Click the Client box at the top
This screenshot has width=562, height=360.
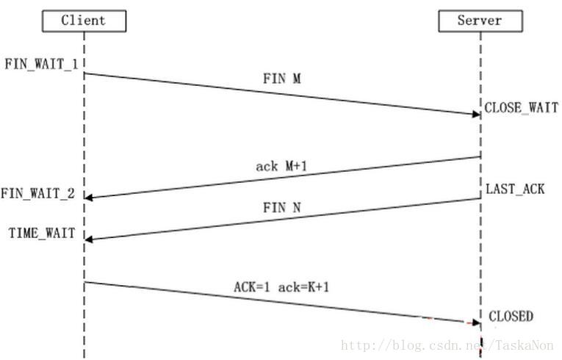(x=84, y=20)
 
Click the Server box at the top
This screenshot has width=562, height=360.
(x=480, y=20)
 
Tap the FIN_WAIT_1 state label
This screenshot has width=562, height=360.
(x=41, y=64)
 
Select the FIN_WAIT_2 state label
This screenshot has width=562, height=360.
(x=37, y=194)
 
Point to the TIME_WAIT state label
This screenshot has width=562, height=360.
(x=42, y=234)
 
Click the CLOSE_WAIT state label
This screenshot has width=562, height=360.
(x=521, y=108)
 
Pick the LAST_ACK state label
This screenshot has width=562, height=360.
(x=515, y=190)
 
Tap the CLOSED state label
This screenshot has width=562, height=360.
(x=511, y=317)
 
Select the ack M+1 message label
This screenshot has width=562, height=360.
(x=281, y=167)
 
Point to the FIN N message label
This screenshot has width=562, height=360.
(x=281, y=208)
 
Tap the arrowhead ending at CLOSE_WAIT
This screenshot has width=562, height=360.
(x=476, y=114)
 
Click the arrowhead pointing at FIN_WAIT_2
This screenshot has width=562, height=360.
(x=90, y=196)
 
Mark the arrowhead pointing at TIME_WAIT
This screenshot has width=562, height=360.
(x=90, y=238)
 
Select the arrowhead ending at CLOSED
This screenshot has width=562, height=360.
(x=476, y=321)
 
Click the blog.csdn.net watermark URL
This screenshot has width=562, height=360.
(x=449, y=345)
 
